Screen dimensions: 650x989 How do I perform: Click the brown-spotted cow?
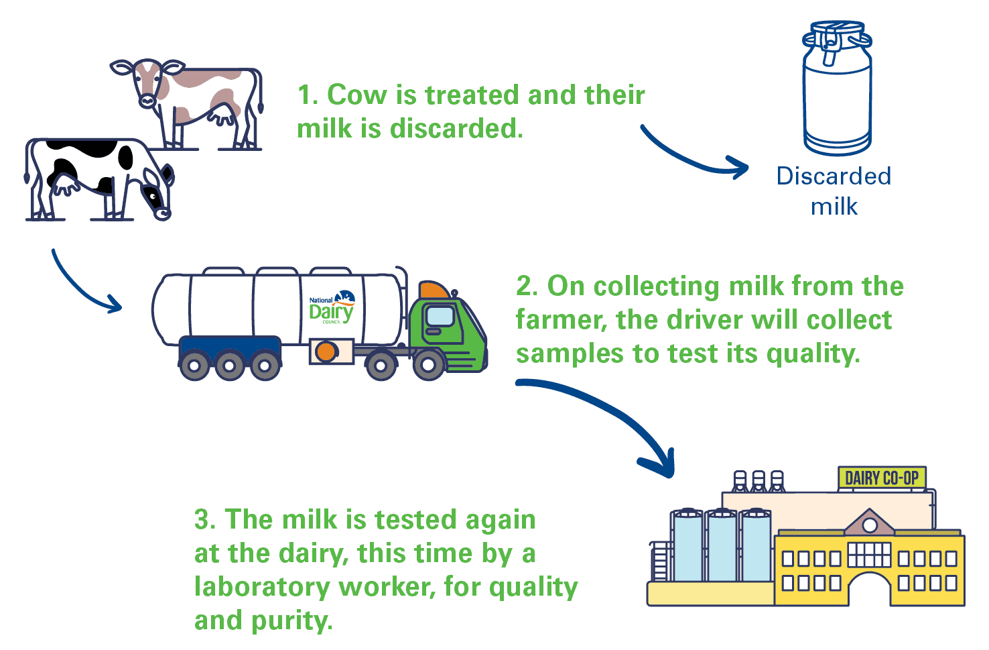(194, 101)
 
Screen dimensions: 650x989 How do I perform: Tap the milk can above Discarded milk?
(837, 91)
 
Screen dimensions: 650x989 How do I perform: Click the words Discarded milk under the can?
(834, 191)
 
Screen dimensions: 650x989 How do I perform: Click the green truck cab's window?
(440, 315)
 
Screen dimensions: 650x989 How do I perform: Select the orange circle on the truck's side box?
(326, 351)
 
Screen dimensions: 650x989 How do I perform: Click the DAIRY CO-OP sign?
(882, 478)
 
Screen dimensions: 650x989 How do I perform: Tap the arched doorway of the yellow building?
(869, 590)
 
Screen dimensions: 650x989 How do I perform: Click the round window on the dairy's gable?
(869, 525)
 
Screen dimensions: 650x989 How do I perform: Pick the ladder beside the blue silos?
(660, 560)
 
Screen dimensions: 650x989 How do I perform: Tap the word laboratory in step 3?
(262, 587)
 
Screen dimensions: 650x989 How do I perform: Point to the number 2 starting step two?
(525, 286)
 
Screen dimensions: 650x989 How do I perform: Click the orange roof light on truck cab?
(434, 290)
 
